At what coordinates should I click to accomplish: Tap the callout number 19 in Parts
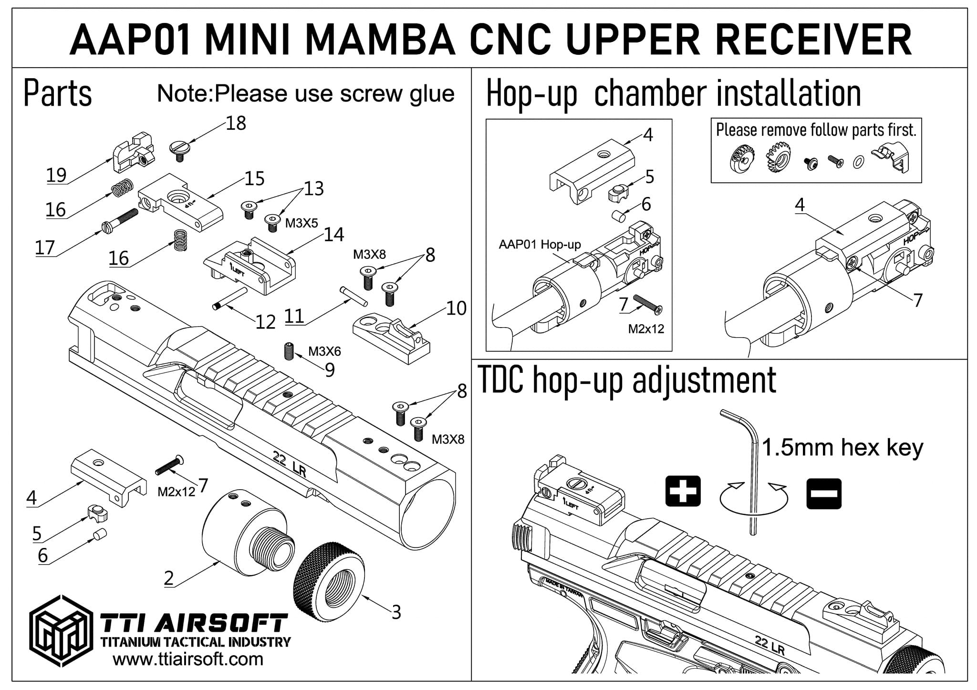point(56,175)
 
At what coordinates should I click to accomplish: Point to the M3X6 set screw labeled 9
point(288,351)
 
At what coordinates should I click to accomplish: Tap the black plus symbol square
point(683,491)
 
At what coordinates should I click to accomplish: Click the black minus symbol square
point(824,494)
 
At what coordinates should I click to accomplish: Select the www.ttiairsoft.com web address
point(187,659)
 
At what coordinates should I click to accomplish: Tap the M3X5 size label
point(301,223)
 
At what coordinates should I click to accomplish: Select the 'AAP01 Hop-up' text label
point(540,245)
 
